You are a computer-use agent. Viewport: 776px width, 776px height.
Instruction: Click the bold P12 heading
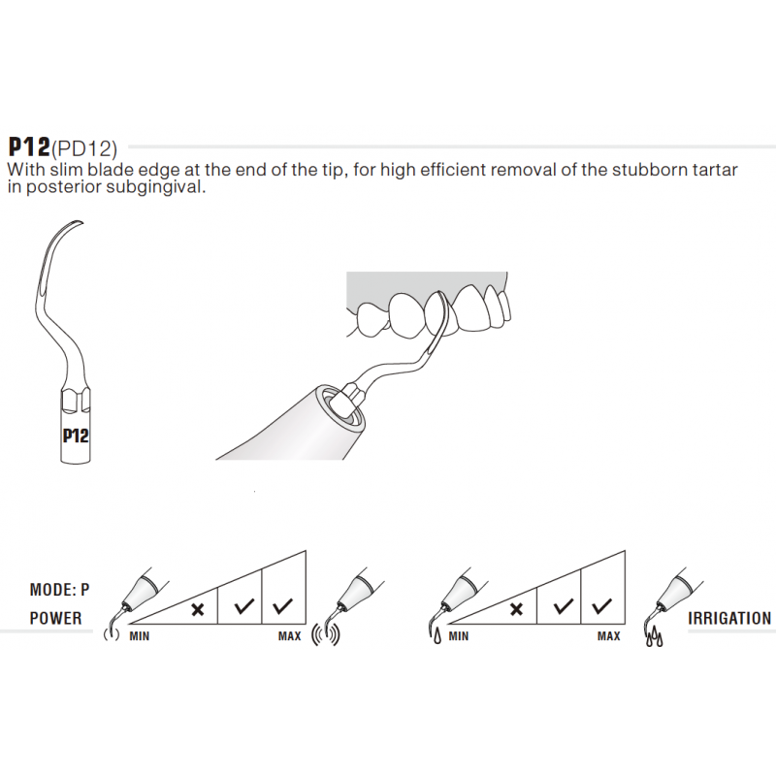[29, 146]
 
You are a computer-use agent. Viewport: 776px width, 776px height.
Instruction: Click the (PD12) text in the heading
[84, 148]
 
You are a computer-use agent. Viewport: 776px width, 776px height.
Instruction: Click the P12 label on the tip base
[75, 436]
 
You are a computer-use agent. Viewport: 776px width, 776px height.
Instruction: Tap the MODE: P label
[60, 589]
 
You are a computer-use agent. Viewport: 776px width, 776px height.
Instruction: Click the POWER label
[56, 618]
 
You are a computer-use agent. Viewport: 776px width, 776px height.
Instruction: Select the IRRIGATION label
[729, 618]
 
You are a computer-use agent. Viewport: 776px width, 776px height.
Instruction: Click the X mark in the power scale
[197, 609]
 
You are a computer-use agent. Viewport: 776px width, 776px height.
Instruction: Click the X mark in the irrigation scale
[516, 609]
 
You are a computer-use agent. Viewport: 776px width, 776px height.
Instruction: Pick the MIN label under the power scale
[140, 636]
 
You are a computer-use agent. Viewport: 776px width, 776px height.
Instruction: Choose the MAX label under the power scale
[289, 636]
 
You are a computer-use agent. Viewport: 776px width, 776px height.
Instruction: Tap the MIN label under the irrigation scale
[459, 636]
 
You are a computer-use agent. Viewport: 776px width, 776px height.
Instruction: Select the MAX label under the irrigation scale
[608, 636]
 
